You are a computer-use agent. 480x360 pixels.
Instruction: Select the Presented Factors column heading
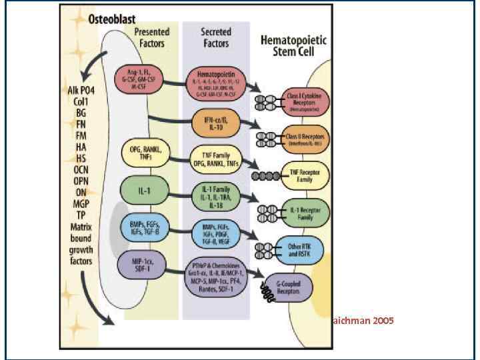[151, 37]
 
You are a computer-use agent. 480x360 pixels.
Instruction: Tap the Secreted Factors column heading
[216, 37]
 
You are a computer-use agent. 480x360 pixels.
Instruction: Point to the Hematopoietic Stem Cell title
[293, 47]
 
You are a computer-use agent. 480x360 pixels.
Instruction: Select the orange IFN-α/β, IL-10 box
[215, 123]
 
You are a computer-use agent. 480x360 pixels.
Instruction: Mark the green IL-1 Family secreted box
[215, 196]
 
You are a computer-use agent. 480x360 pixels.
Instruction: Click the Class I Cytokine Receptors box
[305, 100]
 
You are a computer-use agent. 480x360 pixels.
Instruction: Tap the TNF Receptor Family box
[305, 175]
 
